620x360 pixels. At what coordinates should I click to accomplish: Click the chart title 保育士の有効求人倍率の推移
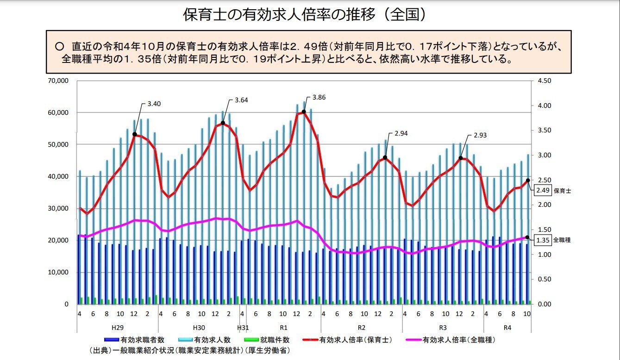[x=304, y=15]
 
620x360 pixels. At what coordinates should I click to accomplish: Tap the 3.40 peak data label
[x=154, y=104]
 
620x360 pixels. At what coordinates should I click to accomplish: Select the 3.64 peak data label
[x=242, y=100]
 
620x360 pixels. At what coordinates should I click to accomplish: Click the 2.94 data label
[x=401, y=134]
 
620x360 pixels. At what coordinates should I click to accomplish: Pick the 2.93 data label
[x=480, y=136]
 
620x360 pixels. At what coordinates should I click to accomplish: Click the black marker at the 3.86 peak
[x=304, y=112]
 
